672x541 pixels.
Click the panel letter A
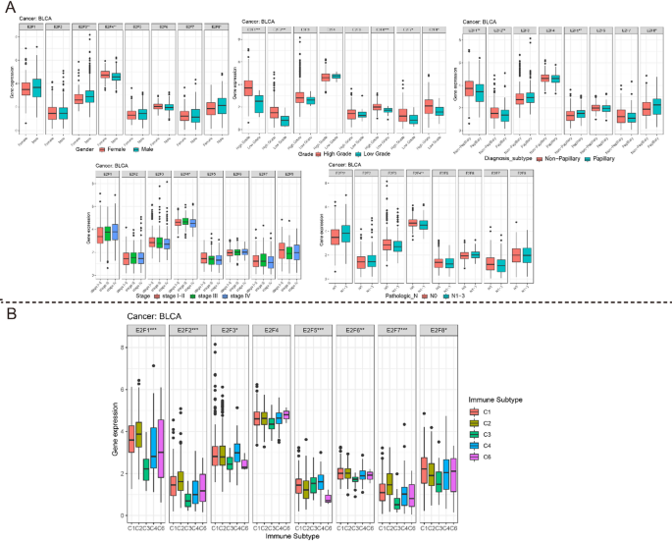[11, 9]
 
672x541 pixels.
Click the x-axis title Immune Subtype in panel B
[292, 535]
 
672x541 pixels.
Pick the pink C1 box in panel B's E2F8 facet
[424, 471]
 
